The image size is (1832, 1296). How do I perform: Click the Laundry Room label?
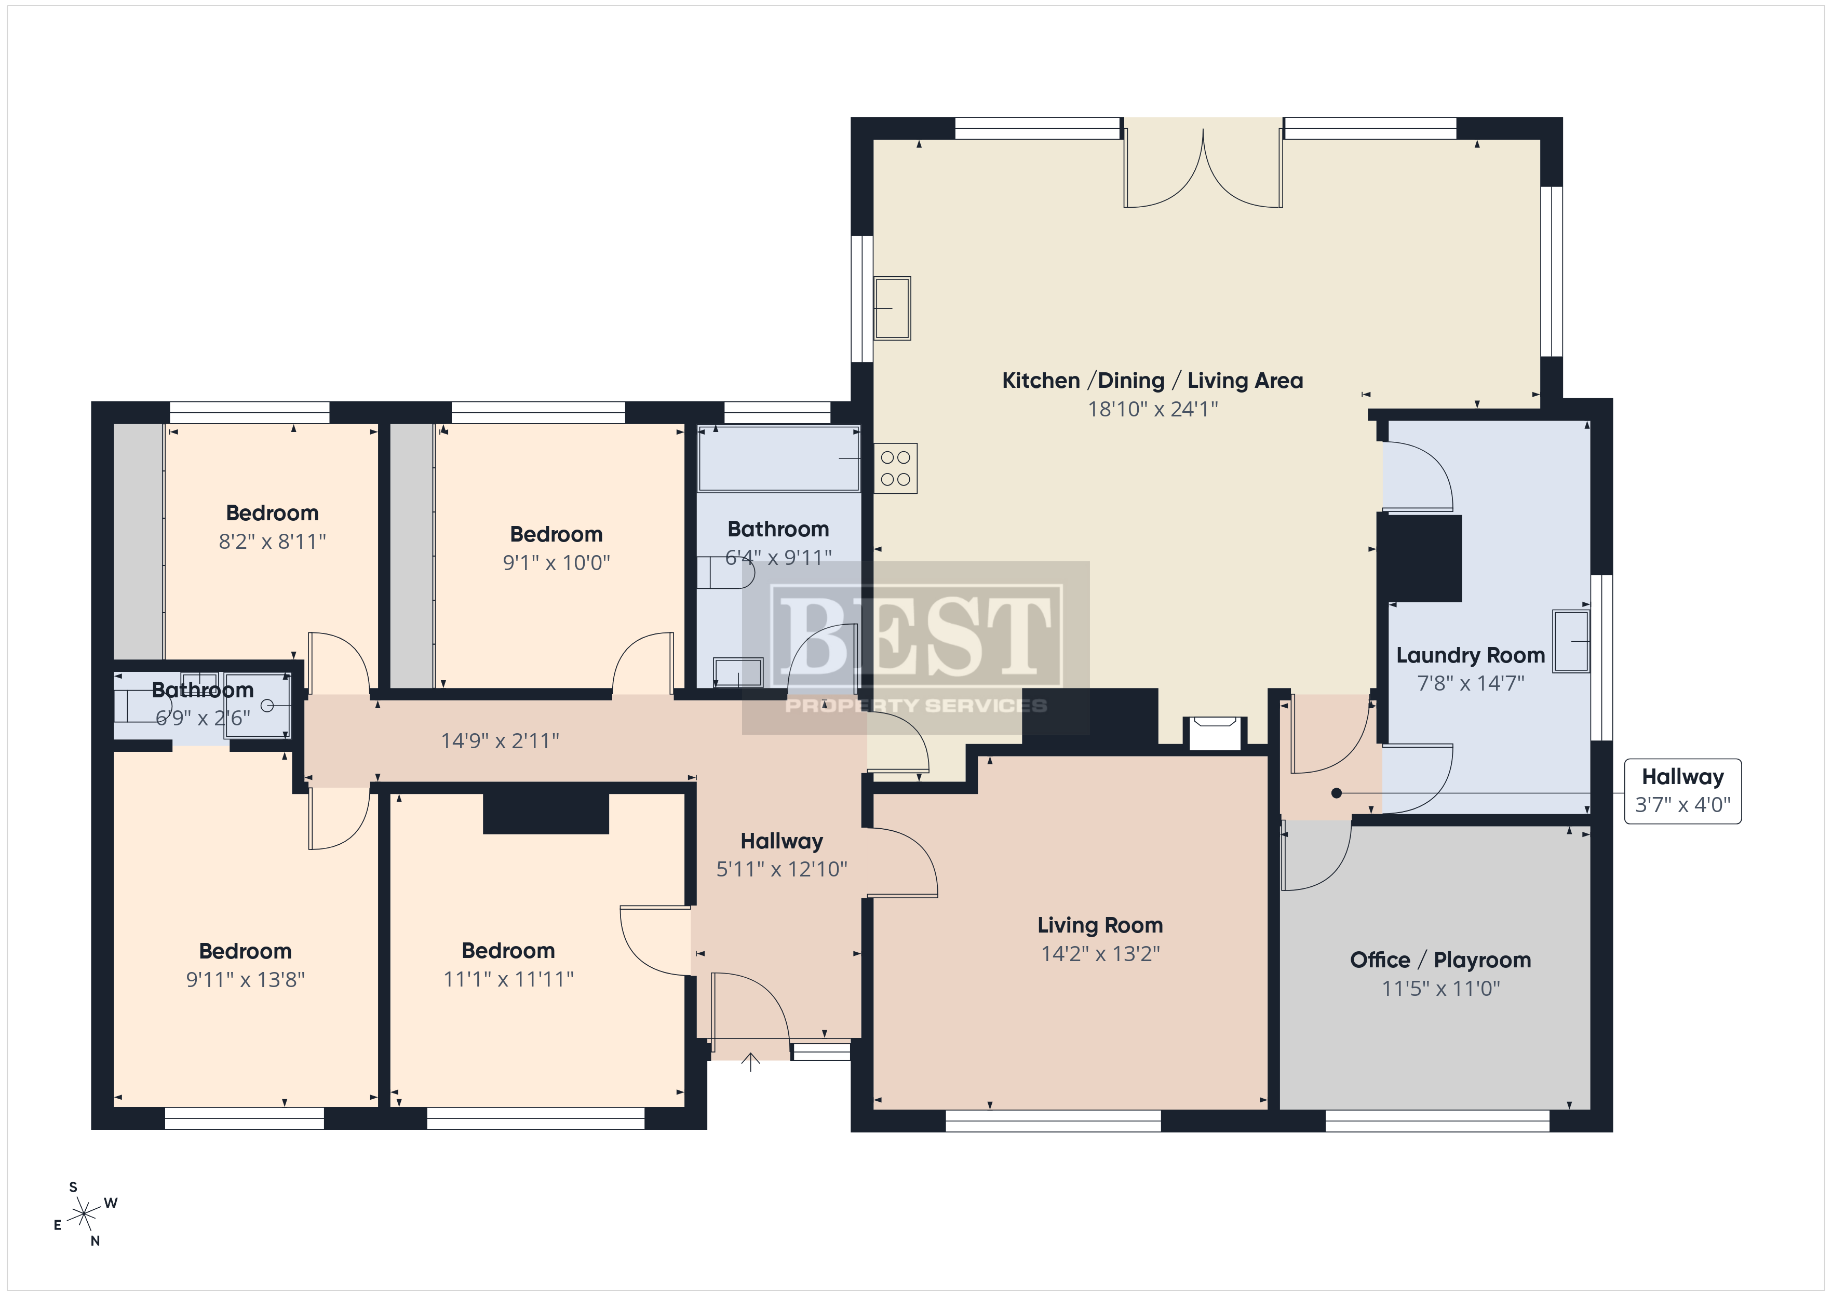(x=1471, y=655)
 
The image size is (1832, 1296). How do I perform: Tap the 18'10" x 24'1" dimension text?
(x=1153, y=409)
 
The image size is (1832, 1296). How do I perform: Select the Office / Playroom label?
(x=1440, y=960)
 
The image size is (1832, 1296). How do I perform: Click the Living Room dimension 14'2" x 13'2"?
(x=1100, y=954)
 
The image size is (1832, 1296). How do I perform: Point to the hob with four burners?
(x=895, y=468)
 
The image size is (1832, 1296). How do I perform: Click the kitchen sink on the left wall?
(x=892, y=308)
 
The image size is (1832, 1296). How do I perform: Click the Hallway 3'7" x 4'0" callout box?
(x=1683, y=791)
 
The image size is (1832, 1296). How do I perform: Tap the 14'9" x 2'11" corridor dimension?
(x=500, y=741)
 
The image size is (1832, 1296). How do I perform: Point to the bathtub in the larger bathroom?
(x=779, y=459)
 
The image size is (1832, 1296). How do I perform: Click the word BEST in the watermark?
(x=915, y=634)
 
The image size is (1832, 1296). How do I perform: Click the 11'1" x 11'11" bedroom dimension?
(x=508, y=979)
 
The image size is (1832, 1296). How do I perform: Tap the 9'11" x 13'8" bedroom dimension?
(x=246, y=980)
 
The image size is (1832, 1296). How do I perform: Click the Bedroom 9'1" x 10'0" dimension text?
(x=556, y=563)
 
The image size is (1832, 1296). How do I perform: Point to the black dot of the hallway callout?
(x=1337, y=793)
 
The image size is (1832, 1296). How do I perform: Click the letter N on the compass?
(x=95, y=1241)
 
